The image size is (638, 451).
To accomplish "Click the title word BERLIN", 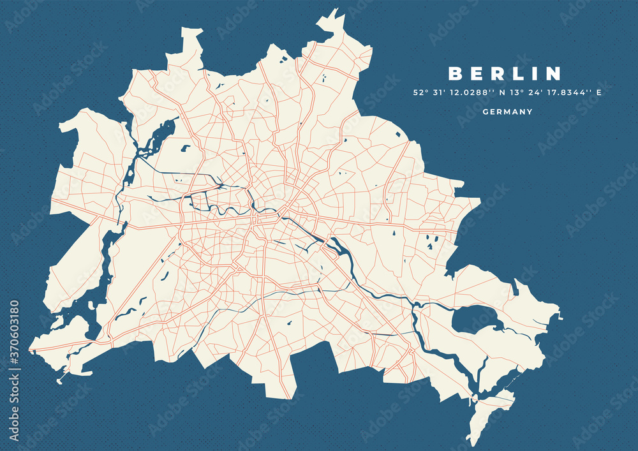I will (x=505, y=74).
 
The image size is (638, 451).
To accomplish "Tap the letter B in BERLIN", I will (x=454, y=74).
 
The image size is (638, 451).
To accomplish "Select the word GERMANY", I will (x=508, y=112).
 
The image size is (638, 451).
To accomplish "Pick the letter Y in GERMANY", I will (x=530, y=112).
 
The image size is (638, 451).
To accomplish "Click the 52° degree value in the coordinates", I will (x=420, y=92).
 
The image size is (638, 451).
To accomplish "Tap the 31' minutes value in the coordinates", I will (x=440, y=92).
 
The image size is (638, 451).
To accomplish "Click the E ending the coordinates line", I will (x=599, y=92).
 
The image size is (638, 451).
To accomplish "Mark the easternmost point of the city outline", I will (x=560, y=314).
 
